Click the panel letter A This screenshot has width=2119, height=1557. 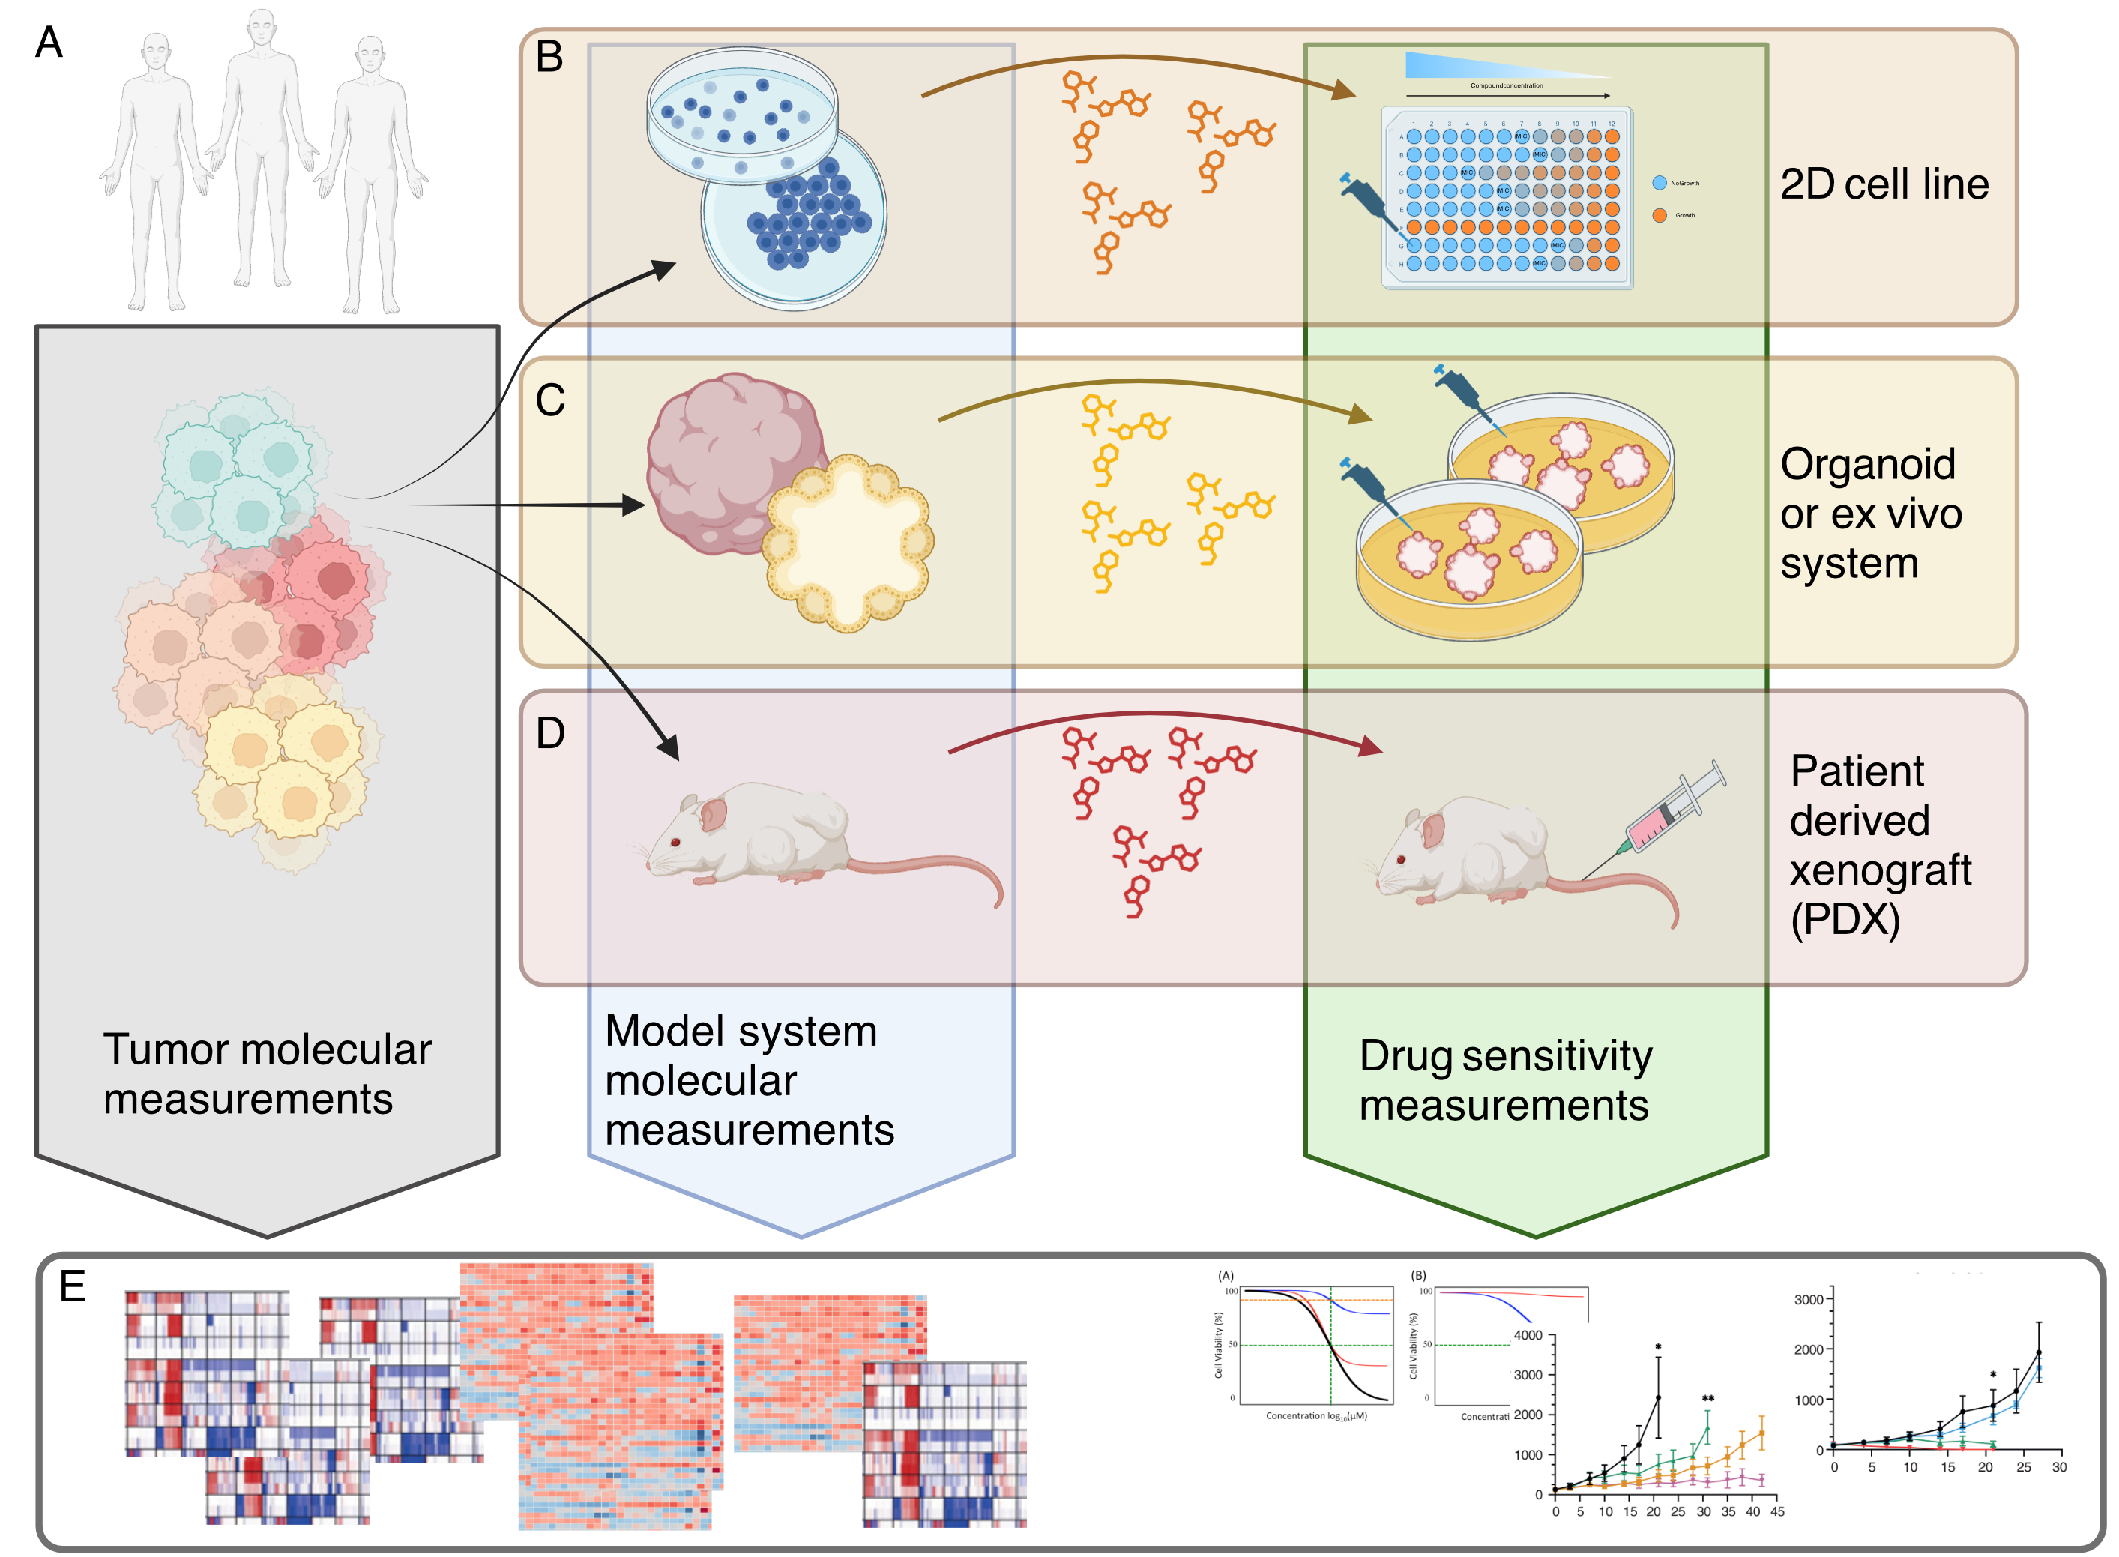[x=48, y=43]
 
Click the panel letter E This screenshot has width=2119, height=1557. [x=72, y=1286]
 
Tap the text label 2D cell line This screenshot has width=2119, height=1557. [x=1884, y=184]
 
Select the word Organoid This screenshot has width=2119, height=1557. [x=1867, y=464]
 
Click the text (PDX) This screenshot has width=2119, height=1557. [x=1844, y=919]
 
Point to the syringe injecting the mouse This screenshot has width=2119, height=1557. [x=1671, y=810]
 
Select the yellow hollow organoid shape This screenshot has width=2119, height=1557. [x=848, y=543]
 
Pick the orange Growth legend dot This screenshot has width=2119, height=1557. [x=1660, y=216]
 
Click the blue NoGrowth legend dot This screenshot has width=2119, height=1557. [x=1660, y=183]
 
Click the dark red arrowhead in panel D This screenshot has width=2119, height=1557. [x=1371, y=747]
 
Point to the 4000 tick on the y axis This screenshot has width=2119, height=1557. [x=1528, y=1336]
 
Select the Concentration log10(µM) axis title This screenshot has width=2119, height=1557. [x=1315, y=1415]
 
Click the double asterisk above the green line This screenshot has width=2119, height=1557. [x=1707, y=1398]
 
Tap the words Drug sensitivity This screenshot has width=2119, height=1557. [x=1504, y=1056]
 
